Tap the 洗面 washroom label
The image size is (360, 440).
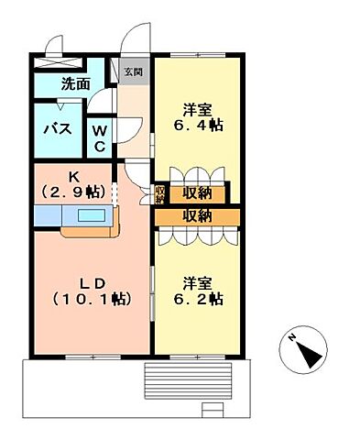tap(75, 84)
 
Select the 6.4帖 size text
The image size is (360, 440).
tap(197, 125)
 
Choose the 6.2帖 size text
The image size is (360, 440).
tap(197, 299)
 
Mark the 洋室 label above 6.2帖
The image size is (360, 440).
tap(197, 281)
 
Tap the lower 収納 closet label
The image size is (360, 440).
tap(197, 216)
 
